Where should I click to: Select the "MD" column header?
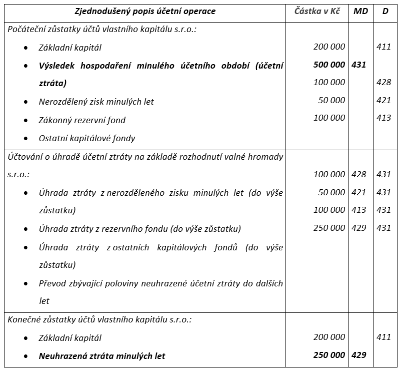click(360, 11)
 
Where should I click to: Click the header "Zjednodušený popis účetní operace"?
click(145, 11)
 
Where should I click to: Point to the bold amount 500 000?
click(329, 65)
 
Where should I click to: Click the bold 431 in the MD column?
click(358, 65)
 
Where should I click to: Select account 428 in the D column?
click(383, 82)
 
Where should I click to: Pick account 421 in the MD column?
click(358, 192)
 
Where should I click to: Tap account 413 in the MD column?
click(358, 210)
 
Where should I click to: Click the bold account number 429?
click(358, 355)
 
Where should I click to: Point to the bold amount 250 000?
click(329, 355)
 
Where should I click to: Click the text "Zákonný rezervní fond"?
click(82, 120)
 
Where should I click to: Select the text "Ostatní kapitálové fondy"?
click(87, 138)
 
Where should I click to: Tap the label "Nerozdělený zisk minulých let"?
click(96, 102)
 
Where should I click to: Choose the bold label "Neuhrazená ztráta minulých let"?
click(102, 356)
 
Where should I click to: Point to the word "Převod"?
click(52, 283)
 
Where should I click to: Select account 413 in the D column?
click(383, 118)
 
